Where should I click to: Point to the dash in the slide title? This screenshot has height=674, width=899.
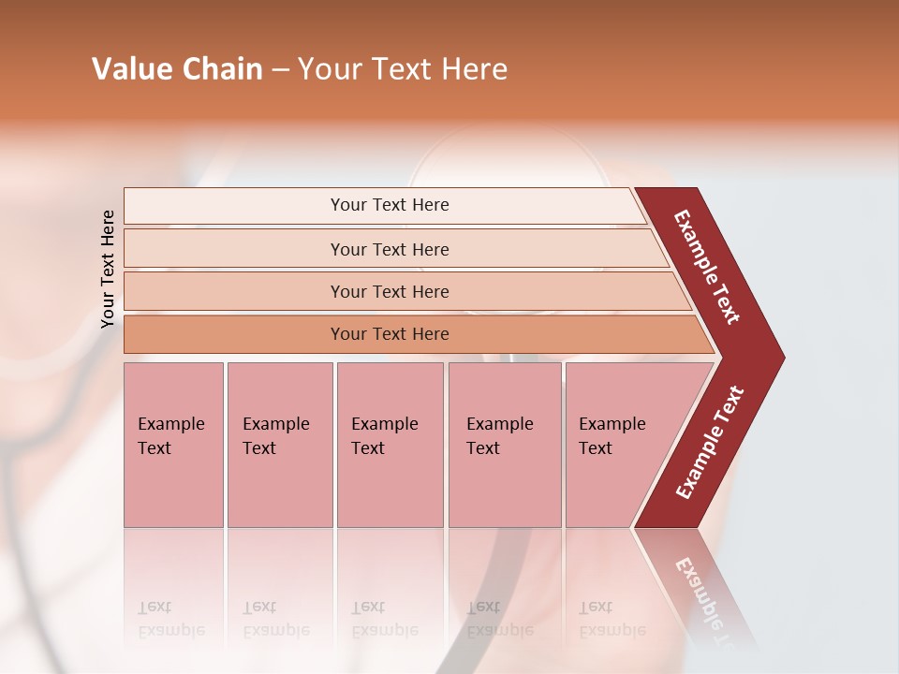280,70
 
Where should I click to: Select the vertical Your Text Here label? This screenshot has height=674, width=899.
108,269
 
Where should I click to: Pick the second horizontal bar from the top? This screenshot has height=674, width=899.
389,249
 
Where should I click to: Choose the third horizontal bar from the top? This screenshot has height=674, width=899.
389,291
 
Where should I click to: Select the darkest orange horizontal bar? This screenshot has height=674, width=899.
389,334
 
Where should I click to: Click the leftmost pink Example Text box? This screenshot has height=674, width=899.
173,444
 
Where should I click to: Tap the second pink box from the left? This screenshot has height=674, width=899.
279,444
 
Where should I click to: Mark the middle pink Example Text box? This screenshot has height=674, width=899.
390,444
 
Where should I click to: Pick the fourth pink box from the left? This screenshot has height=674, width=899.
504,444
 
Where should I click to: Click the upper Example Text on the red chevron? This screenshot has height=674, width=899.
708,267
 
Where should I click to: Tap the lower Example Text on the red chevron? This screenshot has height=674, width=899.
710,443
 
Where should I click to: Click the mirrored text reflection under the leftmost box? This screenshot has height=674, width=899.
170,619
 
